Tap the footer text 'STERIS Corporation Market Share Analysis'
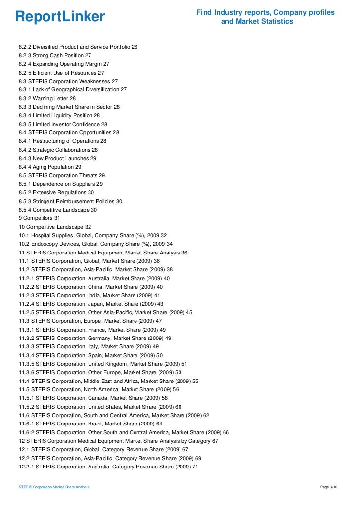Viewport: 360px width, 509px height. point(54,487)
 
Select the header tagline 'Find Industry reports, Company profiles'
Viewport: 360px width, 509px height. point(266,12)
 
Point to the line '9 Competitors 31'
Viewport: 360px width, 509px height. point(39,218)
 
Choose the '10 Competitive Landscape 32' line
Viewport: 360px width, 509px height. point(55,227)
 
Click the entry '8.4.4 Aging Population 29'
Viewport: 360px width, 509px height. point(50,167)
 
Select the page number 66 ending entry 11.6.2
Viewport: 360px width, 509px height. point(225,432)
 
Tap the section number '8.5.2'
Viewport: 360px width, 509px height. point(26,193)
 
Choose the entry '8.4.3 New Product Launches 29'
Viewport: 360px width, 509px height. point(57,158)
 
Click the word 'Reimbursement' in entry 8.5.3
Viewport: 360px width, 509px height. point(80,201)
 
